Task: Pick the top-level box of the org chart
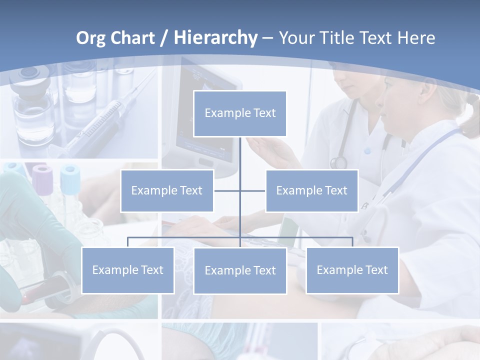coord(240,113)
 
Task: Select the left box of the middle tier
coord(167,190)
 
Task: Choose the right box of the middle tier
coord(311,190)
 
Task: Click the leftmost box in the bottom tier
coord(128,270)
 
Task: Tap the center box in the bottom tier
coord(240,270)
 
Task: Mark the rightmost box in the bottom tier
coord(352,270)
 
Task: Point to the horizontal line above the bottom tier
coord(185,237)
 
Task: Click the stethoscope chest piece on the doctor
coord(338,162)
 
